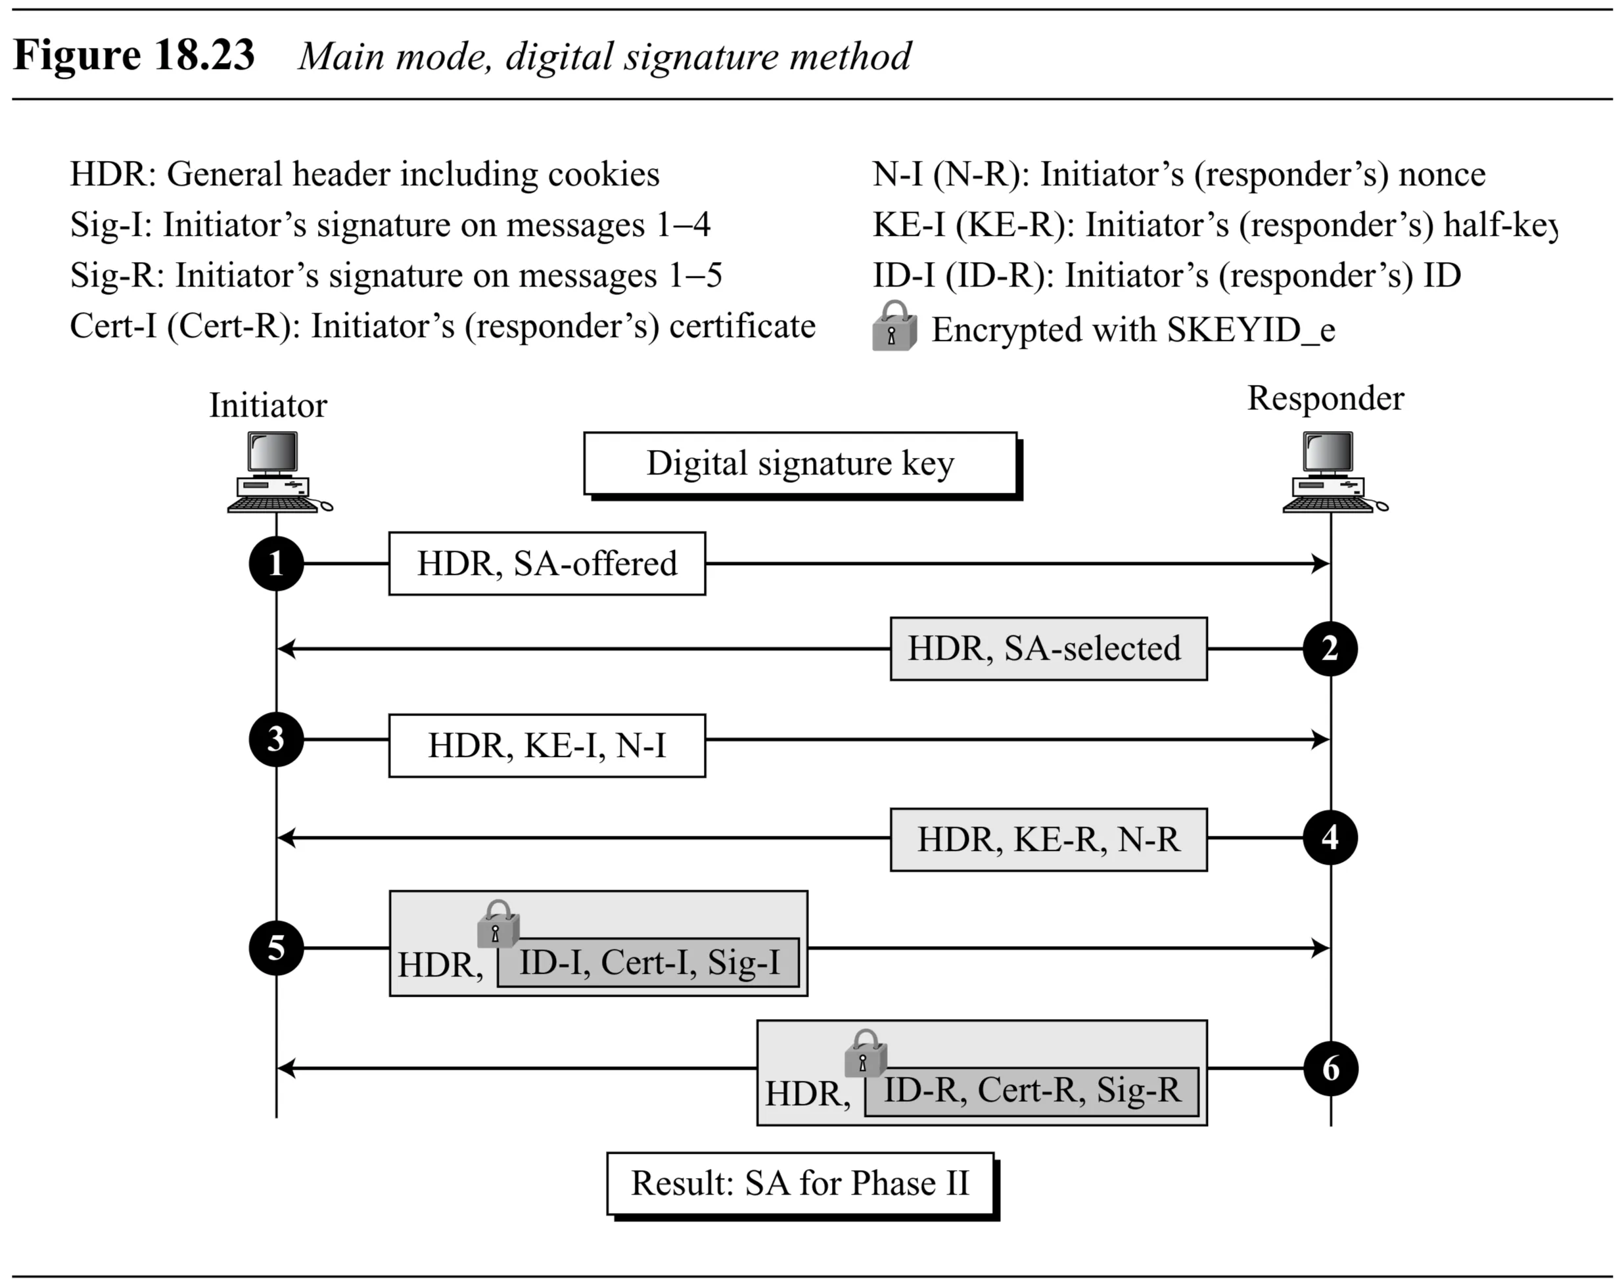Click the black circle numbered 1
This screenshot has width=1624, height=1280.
(276, 564)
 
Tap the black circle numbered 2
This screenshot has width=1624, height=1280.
(1330, 649)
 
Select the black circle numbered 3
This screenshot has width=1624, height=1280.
(276, 740)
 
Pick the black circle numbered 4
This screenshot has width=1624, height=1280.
(1330, 837)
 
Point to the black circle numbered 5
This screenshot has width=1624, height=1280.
(276, 948)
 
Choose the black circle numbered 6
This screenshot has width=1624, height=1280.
(1330, 1068)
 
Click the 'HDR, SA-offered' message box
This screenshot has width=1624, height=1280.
(546, 564)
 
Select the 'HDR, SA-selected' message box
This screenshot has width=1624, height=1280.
(1048, 649)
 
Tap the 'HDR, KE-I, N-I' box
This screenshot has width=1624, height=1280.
(546, 746)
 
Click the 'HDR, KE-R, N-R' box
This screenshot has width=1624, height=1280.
(1048, 839)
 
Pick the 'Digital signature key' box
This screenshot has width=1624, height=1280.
(800, 463)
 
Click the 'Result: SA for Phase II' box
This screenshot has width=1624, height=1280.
(800, 1183)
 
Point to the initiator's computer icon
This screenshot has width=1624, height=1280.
(277, 472)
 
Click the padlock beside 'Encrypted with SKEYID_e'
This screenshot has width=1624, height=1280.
(893, 326)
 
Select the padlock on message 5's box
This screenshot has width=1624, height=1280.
(498, 924)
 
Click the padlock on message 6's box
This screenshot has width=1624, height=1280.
(865, 1053)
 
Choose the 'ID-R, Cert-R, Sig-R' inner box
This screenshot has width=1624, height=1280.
(1031, 1091)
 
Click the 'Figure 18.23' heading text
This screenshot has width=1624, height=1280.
(134, 55)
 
